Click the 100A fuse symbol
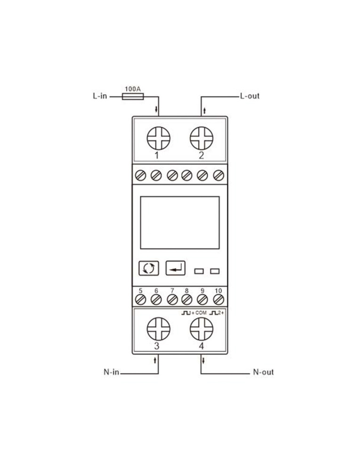(133, 96)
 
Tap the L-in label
(100, 96)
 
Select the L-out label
(250, 96)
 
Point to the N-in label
(112, 372)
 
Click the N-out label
(263, 372)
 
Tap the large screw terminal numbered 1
(159, 138)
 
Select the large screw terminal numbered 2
(202, 138)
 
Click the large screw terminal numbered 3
(159, 329)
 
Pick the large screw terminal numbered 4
(202, 329)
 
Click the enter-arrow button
(176, 268)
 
